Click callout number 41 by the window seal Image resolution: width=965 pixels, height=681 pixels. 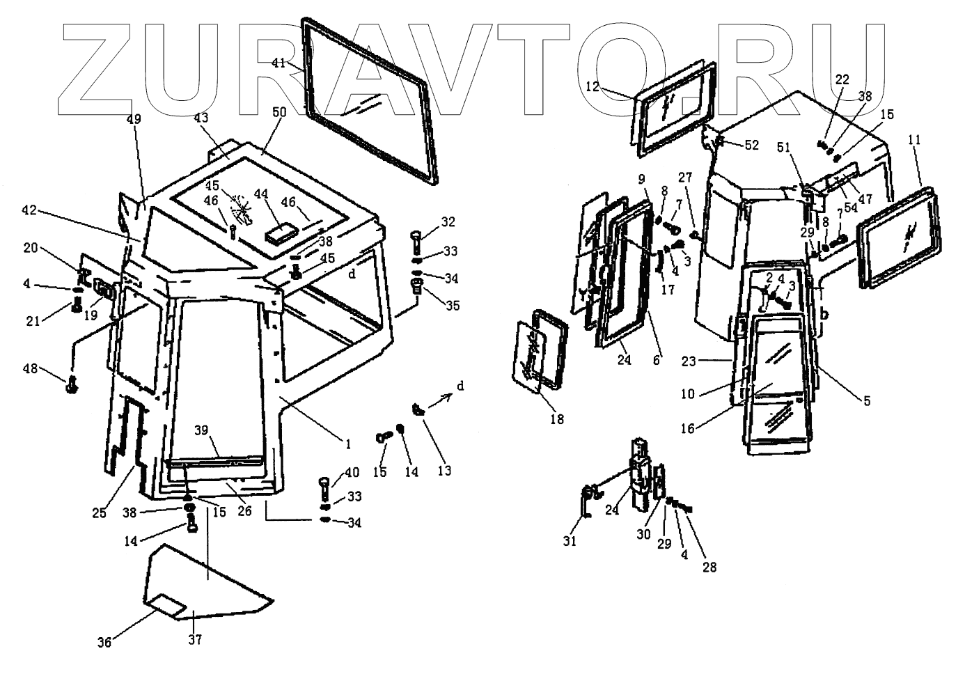click(278, 63)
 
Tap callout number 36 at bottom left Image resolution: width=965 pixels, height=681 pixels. click(104, 643)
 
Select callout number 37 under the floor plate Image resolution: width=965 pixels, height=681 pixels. click(196, 639)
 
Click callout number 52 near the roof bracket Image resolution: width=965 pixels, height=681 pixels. click(751, 145)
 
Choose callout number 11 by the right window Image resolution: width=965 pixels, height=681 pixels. click(914, 140)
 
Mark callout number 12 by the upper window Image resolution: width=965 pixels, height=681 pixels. click(593, 87)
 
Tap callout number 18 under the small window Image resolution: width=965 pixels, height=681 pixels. click(557, 419)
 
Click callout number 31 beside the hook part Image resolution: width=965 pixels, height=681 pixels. click(570, 540)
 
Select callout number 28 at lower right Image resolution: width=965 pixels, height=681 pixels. click(709, 567)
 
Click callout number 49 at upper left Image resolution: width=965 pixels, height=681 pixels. click(133, 119)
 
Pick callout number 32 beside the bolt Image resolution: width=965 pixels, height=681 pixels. click(448, 222)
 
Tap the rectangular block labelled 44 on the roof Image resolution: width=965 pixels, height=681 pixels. click(283, 232)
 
